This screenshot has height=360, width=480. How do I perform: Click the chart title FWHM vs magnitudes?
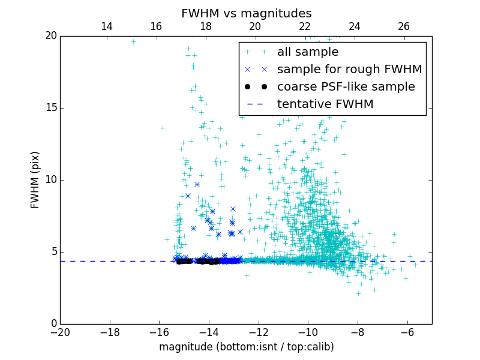[x=246, y=13]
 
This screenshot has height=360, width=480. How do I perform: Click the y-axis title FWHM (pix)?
[x=35, y=180]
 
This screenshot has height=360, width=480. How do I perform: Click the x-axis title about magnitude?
[x=246, y=347]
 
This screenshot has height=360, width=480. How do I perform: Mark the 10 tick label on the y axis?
[x=50, y=180]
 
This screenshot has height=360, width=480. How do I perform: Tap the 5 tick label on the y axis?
[x=53, y=252]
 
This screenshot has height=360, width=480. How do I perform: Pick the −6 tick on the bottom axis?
[x=407, y=332]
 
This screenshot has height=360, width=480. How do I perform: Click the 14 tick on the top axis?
[x=107, y=26]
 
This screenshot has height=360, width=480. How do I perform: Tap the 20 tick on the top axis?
[x=255, y=26]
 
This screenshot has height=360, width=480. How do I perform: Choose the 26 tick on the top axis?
[x=404, y=26]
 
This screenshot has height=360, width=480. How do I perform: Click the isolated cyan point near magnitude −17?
[x=133, y=41]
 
